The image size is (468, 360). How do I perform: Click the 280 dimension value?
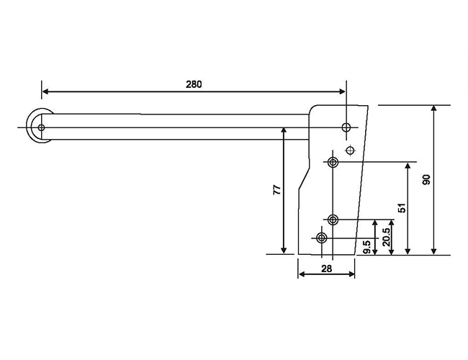194,84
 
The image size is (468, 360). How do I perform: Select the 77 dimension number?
276,190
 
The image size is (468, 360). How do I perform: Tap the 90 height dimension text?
426,180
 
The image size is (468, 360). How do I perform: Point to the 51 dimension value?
402,207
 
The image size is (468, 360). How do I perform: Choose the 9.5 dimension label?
367,247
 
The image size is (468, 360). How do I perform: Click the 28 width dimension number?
326,268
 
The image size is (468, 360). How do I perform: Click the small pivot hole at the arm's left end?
41,128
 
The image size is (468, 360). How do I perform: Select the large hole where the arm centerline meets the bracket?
347,128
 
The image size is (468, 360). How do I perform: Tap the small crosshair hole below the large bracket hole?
351,150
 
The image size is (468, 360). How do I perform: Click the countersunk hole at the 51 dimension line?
333,161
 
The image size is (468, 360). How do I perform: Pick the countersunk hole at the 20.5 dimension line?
333,219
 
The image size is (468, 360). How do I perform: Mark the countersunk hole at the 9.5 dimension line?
321,238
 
